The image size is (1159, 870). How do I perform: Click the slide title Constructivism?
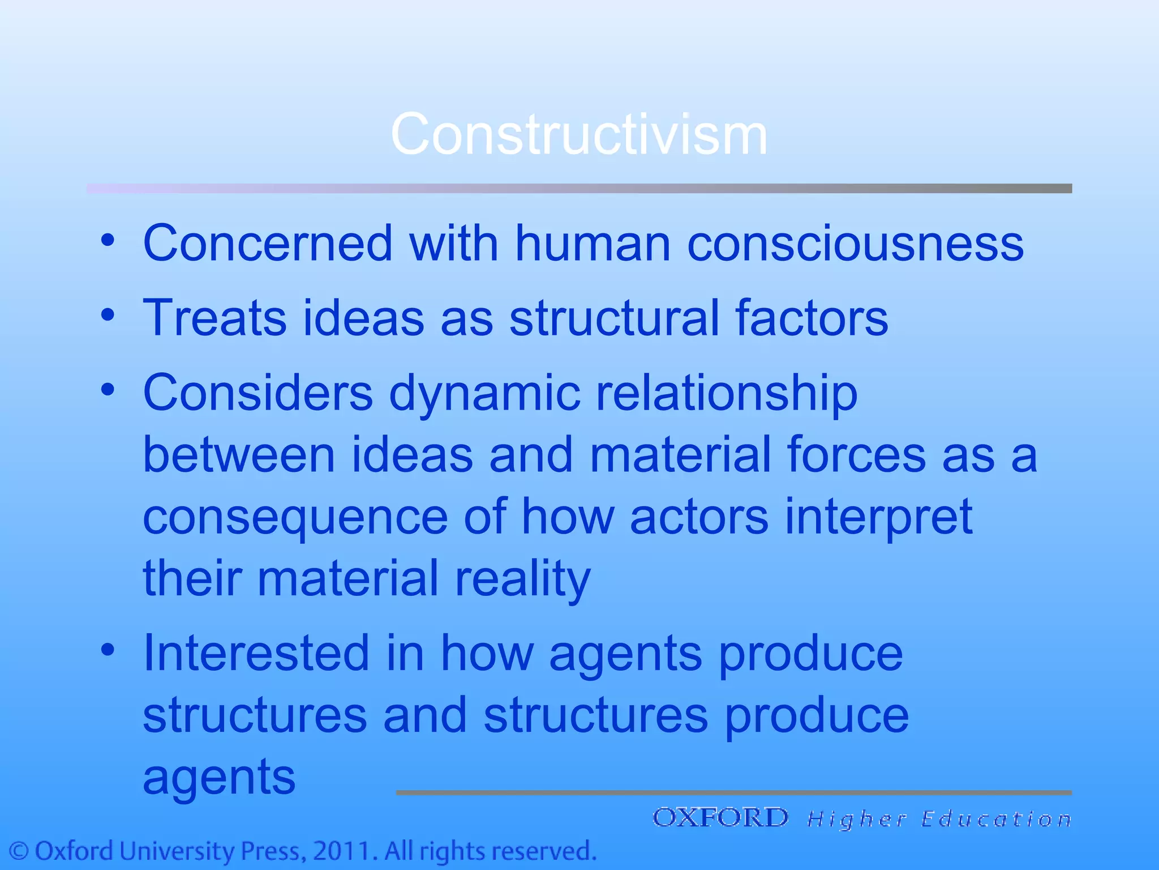(579, 134)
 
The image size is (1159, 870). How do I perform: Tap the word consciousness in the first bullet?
(855, 244)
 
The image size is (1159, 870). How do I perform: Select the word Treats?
(215, 318)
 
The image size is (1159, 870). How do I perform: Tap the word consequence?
(295, 518)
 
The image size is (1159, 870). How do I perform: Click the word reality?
(522, 579)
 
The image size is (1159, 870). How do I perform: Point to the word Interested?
(256, 653)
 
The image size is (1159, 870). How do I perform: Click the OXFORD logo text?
(720, 818)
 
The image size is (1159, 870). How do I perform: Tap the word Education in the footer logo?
(996, 819)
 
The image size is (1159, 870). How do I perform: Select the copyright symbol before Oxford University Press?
(19, 851)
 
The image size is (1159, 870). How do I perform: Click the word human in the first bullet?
(593, 244)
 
